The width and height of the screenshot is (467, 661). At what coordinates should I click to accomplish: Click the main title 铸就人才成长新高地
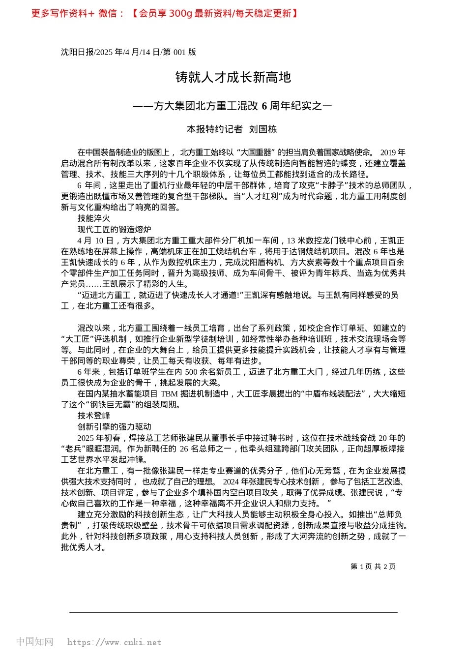click(233, 77)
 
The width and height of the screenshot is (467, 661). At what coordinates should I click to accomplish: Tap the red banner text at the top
click(165, 13)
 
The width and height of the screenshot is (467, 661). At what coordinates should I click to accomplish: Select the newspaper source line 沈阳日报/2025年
click(128, 52)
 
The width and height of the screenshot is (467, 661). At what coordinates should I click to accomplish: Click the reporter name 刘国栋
click(263, 129)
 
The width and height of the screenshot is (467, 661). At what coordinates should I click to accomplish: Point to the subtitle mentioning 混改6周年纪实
click(233, 106)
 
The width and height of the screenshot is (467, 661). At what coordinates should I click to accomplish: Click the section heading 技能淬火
click(94, 218)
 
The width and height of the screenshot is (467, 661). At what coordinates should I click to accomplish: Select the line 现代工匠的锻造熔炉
click(114, 229)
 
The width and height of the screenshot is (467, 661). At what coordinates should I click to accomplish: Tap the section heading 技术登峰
click(94, 416)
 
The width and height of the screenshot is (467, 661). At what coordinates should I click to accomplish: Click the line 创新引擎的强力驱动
click(114, 427)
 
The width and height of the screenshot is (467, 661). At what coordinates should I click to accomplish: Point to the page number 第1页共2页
click(373, 567)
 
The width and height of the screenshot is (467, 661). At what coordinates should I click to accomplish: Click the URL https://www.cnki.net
click(114, 642)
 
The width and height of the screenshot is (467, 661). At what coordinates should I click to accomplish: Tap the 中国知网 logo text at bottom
click(34, 642)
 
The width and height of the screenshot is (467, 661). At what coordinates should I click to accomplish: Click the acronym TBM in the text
click(169, 394)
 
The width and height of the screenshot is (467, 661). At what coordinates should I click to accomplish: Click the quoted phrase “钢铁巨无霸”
click(115, 405)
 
